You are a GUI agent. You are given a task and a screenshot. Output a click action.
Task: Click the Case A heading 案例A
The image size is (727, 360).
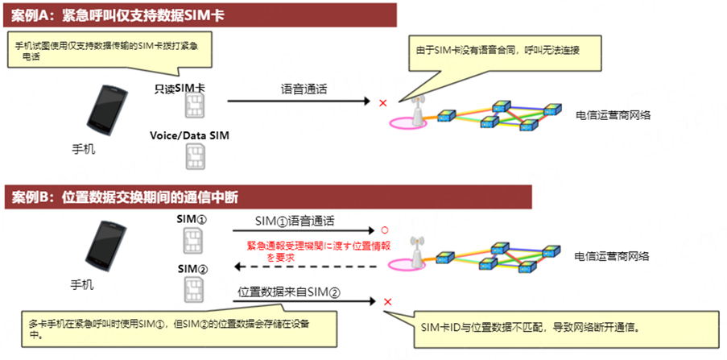[x=28, y=15]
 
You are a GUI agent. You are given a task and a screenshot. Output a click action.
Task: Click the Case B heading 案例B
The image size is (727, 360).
[x=28, y=197]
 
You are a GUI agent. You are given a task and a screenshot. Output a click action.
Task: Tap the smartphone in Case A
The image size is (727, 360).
[x=106, y=111]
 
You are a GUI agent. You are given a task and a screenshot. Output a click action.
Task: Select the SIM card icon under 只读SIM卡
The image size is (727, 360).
[x=194, y=106]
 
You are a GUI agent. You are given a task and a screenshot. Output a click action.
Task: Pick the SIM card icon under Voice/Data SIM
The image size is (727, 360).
[x=194, y=156]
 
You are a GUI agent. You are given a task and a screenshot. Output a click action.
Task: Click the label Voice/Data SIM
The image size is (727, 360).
[x=189, y=135]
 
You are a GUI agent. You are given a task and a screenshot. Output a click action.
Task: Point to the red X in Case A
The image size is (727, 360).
[x=383, y=103]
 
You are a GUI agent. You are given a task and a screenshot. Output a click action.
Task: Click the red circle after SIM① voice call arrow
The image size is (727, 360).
[x=384, y=230]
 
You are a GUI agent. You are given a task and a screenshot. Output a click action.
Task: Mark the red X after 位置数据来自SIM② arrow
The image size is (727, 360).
[x=388, y=302]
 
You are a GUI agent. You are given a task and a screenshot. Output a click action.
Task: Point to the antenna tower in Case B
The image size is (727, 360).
[x=417, y=252]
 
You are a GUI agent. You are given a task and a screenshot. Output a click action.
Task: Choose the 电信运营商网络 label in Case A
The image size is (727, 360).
[x=613, y=115]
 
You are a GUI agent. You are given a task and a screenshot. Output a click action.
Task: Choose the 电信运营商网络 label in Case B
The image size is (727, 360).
[x=612, y=256]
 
